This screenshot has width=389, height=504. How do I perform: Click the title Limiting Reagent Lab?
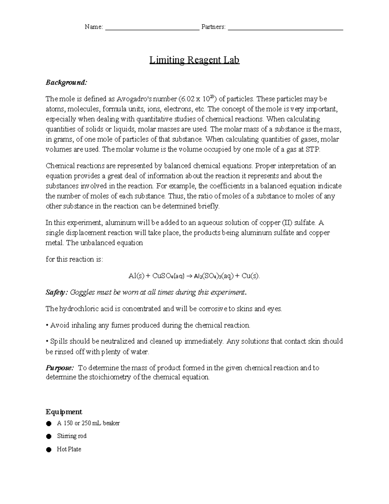(x=194, y=60)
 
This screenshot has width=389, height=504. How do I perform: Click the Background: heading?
(x=66, y=82)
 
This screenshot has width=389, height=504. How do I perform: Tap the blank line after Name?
(x=152, y=29)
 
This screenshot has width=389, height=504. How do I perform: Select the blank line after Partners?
(x=285, y=29)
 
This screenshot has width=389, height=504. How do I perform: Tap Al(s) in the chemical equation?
(x=136, y=276)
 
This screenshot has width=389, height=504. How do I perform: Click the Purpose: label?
(x=60, y=368)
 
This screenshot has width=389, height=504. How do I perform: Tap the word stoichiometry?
(x=108, y=377)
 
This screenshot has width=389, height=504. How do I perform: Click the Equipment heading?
(x=64, y=412)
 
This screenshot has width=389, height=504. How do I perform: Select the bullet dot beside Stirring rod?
(x=49, y=436)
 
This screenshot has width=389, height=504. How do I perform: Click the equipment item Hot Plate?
(x=69, y=449)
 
